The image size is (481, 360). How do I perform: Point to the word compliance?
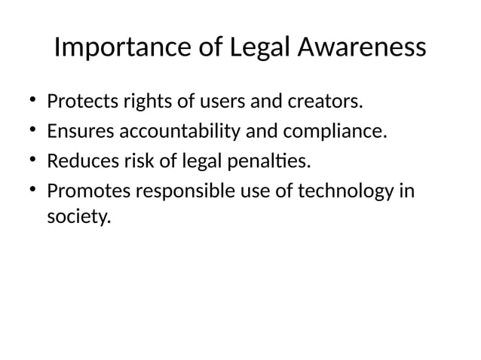(x=335, y=132)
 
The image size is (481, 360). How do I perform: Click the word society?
(x=78, y=218)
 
